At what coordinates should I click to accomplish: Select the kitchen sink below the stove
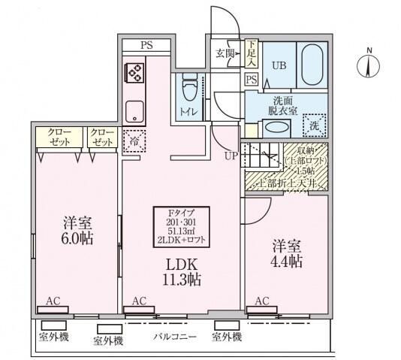click(134, 110)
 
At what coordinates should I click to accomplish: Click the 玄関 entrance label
click(225, 53)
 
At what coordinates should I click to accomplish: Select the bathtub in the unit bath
click(310, 66)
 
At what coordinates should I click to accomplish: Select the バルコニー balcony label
click(175, 336)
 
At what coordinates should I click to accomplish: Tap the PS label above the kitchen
click(146, 45)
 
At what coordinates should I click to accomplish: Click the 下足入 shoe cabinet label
click(252, 53)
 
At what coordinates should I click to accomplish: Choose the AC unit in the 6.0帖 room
click(52, 307)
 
